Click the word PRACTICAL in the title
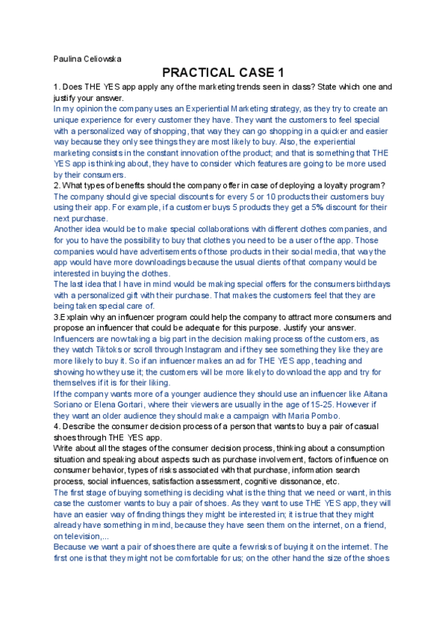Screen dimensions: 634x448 [198, 73]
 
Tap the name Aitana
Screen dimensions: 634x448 [385, 393]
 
